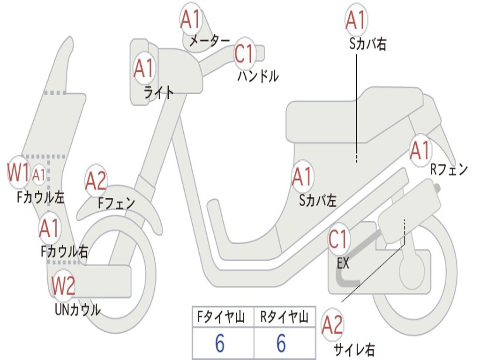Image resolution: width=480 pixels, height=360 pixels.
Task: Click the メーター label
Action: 209,41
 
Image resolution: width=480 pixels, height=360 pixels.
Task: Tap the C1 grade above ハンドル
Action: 244,54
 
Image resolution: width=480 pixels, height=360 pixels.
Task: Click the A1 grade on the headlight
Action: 143,68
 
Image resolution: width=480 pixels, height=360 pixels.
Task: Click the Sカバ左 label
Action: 318,201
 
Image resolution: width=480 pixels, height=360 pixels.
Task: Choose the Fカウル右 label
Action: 64,252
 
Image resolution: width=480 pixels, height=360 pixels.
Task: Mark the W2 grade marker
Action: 63,285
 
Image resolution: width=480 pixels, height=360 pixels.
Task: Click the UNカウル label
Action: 77,309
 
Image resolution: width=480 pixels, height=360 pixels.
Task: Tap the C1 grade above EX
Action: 338,239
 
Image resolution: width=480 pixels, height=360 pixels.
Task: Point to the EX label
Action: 343,263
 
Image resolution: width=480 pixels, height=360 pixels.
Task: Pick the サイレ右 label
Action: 354,349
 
